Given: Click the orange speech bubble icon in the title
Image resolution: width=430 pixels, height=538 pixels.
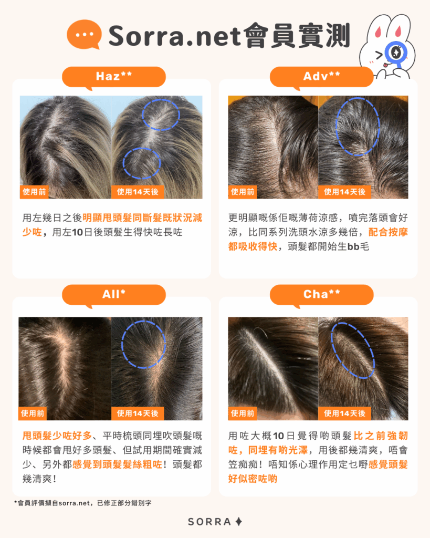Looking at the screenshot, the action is (83, 34).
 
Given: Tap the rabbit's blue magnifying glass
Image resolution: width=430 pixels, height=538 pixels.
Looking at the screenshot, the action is (396, 53).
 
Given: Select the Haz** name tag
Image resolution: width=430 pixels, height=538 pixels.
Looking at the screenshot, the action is (113, 77).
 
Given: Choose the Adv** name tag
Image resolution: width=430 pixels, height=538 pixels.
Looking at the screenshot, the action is (321, 77).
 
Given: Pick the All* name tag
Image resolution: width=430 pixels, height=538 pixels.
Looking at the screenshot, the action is (113, 294).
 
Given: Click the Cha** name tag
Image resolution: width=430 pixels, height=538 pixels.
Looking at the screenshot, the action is (321, 294).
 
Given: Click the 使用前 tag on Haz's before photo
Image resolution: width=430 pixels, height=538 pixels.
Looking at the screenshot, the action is (34, 192).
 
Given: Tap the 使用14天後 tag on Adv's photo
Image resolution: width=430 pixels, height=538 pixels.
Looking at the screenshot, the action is (344, 192).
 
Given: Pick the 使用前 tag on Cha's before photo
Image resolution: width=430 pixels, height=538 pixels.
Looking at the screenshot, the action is (242, 413).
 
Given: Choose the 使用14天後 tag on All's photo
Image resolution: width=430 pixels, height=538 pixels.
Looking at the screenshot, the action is (138, 413).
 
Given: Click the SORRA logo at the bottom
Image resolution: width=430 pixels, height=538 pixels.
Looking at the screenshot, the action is (215, 522).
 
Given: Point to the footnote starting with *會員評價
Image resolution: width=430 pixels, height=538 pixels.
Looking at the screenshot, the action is (82, 503).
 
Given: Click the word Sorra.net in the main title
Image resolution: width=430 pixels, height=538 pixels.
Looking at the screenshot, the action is (174, 36).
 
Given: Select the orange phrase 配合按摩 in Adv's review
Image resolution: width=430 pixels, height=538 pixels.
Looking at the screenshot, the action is (388, 232).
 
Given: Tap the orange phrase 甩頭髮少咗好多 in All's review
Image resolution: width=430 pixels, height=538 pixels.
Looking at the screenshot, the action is (57, 436).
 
